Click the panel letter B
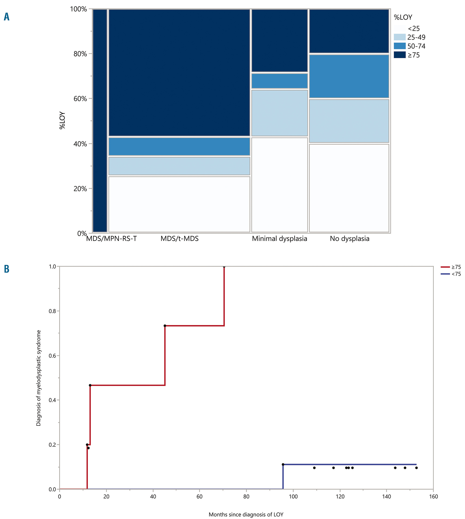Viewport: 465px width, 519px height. [7, 269]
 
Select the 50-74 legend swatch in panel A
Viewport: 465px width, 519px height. [400, 46]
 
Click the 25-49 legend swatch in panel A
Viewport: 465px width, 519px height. [400, 37]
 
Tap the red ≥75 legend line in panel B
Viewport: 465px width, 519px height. [445, 267]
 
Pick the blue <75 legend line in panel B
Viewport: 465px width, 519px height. [445, 274]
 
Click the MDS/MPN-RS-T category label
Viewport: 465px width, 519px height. [111, 239]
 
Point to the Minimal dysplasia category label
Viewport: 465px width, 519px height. [279, 239]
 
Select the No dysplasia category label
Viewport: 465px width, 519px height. [349, 239]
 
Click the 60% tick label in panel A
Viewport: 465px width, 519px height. [80, 99]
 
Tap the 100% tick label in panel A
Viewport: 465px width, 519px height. [78, 9]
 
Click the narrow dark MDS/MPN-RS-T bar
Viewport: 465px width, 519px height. [100, 120]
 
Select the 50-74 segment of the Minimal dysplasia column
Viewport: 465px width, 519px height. [279, 81]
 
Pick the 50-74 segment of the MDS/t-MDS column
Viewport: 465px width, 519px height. [179, 147]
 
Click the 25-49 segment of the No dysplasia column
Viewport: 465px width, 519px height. [349, 121]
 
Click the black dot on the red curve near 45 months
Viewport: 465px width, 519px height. [165, 326]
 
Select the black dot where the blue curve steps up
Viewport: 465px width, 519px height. [283, 465]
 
